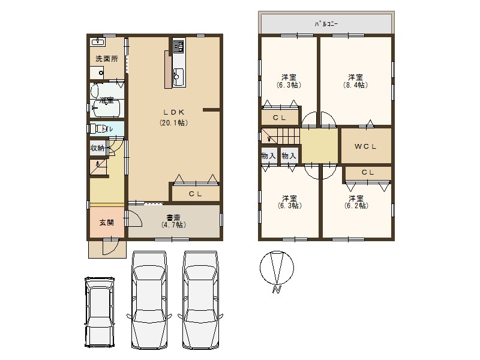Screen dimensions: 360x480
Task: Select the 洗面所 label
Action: (106, 59)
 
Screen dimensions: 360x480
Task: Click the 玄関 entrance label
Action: (106, 222)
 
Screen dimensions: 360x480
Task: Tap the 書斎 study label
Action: (173, 217)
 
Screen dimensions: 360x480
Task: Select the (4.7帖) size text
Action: (173, 225)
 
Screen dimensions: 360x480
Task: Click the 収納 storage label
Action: (97, 148)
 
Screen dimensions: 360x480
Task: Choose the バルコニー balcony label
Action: (327, 24)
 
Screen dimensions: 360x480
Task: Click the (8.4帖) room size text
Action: (355, 85)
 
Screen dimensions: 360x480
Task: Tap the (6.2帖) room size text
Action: (355, 206)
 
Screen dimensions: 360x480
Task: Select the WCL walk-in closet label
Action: (365, 146)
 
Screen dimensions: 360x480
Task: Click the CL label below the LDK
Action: (195, 194)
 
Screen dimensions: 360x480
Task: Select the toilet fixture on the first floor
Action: (96, 128)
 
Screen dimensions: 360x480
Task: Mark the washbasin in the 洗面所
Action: (97, 43)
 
